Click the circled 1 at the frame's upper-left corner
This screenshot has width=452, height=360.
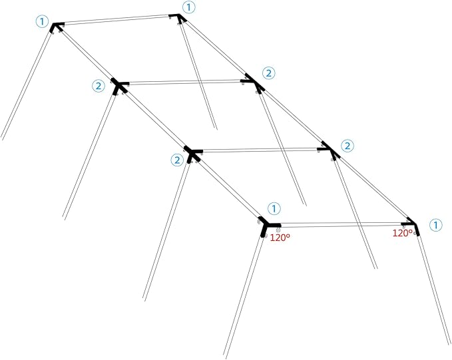pos(42,22)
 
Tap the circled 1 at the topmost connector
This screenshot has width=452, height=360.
pos(189,7)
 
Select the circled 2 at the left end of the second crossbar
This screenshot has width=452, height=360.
pos(99,86)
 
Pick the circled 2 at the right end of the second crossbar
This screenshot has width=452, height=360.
pos(269,73)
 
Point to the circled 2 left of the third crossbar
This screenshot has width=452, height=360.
pos(177,160)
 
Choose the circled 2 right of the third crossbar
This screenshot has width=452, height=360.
pos(347,146)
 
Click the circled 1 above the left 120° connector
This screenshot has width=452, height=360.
pos(274,208)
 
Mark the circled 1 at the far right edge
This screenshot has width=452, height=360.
pos(435,225)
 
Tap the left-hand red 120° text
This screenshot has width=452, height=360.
pos(280,238)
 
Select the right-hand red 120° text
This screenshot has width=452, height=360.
pos(403,233)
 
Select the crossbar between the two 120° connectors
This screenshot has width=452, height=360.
pos(341,224)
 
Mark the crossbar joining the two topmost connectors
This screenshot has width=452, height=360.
pos(116,20)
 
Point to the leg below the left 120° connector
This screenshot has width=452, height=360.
pos(244,297)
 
